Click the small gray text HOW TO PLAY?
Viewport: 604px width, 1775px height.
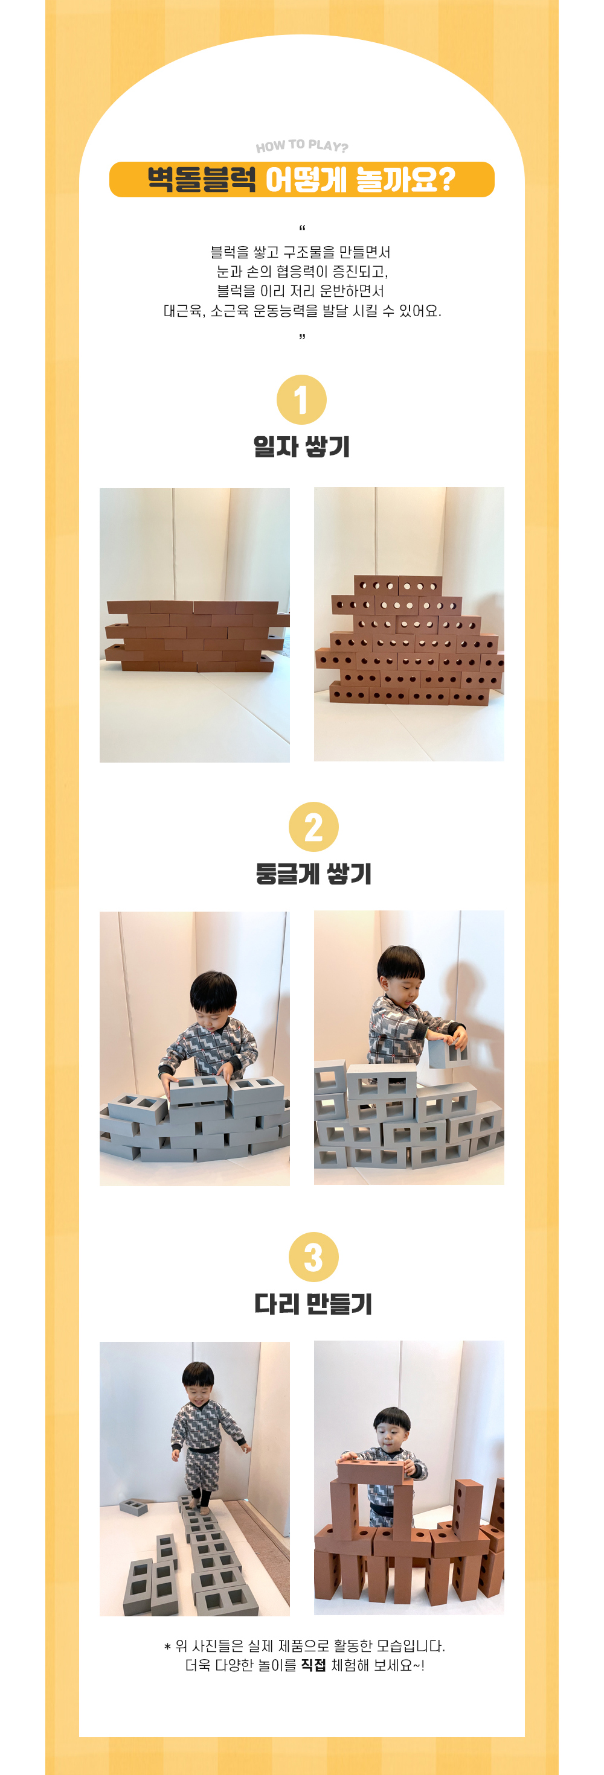point(302,146)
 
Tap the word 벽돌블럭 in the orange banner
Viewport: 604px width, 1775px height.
point(201,180)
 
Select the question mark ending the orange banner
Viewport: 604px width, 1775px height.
point(446,180)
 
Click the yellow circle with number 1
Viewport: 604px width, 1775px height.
point(301,399)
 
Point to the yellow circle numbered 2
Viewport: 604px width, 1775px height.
point(313,827)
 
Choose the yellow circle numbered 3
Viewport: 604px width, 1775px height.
point(313,1257)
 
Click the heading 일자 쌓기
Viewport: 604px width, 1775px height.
point(302,446)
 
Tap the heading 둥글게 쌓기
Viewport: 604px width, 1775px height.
point(313,874)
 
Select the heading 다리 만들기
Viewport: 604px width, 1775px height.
point(313,1304)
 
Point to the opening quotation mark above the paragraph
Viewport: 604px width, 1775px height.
point(302,227)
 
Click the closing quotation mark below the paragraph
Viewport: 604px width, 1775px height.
point(302,336)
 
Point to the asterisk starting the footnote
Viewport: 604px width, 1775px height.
point(167,1648)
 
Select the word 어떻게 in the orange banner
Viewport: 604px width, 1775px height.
point(306,180)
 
